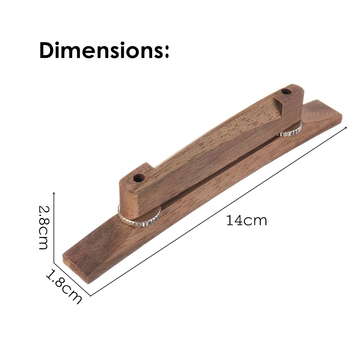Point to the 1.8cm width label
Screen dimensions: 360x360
click(x=64, y=286)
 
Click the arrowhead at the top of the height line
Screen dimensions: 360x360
click(x=54, y=194)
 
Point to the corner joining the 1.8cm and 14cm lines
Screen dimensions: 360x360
click(x=90, y=296)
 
